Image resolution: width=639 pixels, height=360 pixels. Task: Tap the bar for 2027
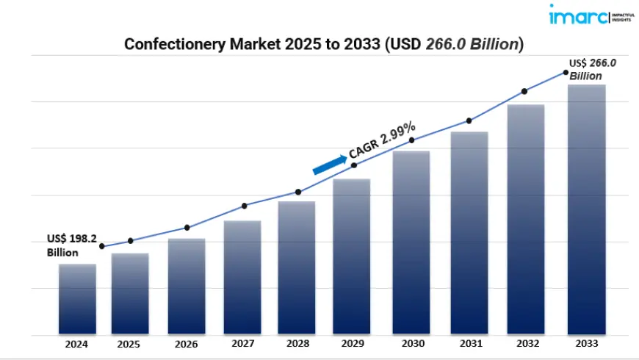click(x=242, y=277)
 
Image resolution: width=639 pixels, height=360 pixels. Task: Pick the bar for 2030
click(x=411, y=242)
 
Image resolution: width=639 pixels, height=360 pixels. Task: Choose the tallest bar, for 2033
click(x=587, y=209)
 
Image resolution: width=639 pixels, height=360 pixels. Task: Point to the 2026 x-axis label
click(x=187, y=344)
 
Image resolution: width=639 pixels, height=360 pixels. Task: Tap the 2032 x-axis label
click(x=526, y=344)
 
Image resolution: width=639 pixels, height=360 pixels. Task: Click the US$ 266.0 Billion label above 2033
click(x=592, y=69)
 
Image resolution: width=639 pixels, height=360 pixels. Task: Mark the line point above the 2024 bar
click(x=102, y=246)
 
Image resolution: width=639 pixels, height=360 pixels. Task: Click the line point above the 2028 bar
click(x=298, y=192)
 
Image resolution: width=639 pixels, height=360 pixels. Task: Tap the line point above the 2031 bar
click(x=469, y=120)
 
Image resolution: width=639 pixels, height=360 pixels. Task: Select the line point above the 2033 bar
click(x=566, y=72)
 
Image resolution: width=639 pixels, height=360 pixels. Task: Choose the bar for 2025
click(x=130, y=294)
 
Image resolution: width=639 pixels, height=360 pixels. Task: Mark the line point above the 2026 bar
click(x=187, y=228)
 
